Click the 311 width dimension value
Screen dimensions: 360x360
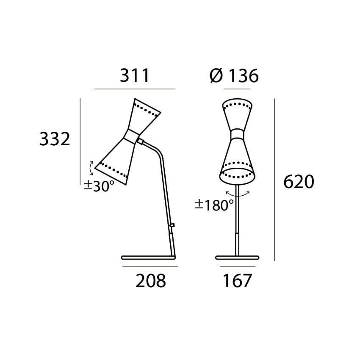pos(135,76)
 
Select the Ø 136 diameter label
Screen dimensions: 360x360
pos(234,76)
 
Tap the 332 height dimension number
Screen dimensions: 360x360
pos(55,139)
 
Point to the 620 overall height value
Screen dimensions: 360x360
pos(299,182)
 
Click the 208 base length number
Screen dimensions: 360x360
pos(150,281)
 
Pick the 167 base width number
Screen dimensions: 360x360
pos(237,281)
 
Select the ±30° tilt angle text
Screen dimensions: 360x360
pos(99,186)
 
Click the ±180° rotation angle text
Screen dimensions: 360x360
pos(214,205)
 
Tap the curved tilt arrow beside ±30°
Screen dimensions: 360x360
pos(91,168)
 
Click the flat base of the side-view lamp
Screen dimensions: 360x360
pos(148,257)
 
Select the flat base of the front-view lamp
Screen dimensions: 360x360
pos(237,257)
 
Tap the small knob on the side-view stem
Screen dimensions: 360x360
pos(172,225)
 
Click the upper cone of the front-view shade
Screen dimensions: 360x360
pos(237,114)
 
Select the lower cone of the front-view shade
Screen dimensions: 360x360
pos(237,163)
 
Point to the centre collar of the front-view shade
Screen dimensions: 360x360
pos(237,134)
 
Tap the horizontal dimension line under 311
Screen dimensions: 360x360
pos(135,89)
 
